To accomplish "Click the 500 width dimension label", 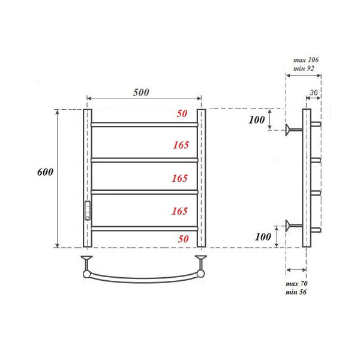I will pyautogui.click(x=141, y=92).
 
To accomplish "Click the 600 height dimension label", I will pyautogui.click(x=45, y=172).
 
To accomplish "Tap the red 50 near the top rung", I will pyautogui.click(x=182, y=113).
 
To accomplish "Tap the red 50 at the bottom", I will pyautogui.click(x=183, y=239).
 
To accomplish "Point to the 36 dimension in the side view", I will pyautogui.click(x=313, y=92).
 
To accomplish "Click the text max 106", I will pyautogui.click(x=306, y=60).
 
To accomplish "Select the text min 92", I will pyautogui.click(x=304, y=70).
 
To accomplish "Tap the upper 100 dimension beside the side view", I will pyautogui.click(x=256, y=120).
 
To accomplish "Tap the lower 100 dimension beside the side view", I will pyautogui.click(x=263, y=236).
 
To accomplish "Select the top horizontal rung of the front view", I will pyautogui.click(x=144, y=125).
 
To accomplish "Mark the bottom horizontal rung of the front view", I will pyautogui.click(x=144, y=227).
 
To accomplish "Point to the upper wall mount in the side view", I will pyautogui.click(x=294, y=128).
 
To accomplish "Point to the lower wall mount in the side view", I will pyautogui.click(x=294, y=226).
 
